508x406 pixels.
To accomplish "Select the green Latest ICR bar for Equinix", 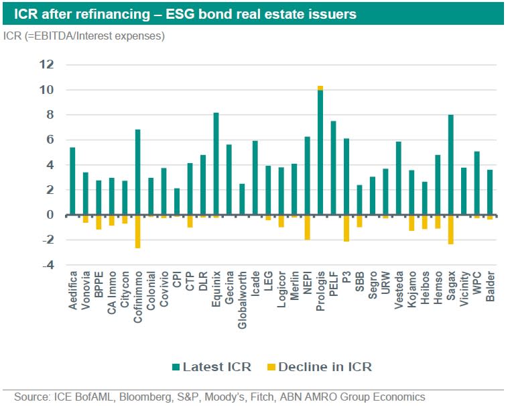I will (x=216, y=164).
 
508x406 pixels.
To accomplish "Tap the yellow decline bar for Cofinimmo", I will (x=138, y=232).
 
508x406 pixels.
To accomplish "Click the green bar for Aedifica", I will (x=73, y=181).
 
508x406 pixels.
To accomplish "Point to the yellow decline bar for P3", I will (x=346, y=228).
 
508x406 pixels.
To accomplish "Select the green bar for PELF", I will (x=333, y=168).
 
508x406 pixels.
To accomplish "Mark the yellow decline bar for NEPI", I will (x=308, y=227).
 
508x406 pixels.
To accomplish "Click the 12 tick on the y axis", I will (x=46, y=64).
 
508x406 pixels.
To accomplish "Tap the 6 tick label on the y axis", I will (x=50, y=140).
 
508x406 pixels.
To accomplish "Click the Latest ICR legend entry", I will (x=212, y=367).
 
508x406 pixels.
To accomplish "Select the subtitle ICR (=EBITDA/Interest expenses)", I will (x=84, y=36).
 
